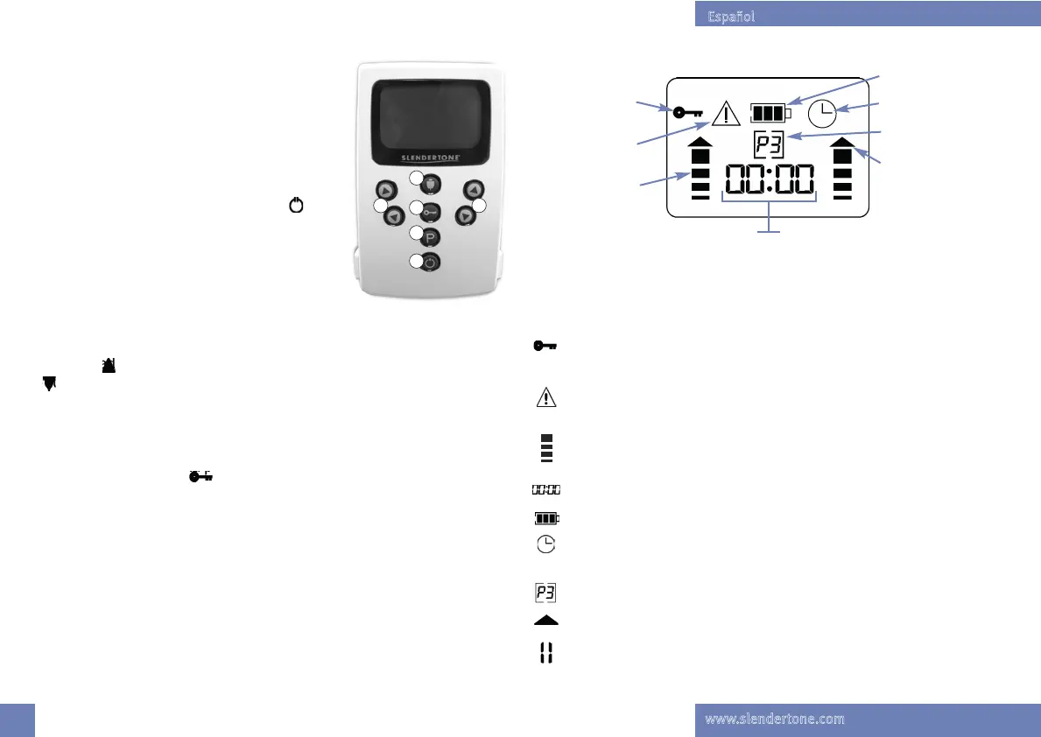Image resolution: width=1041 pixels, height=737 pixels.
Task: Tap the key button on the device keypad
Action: (432, 211)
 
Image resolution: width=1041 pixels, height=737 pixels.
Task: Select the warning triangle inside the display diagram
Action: (727, 114)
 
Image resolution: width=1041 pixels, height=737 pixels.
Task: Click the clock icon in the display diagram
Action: (822, 113)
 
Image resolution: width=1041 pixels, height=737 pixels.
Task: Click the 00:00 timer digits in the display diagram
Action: (769, 182)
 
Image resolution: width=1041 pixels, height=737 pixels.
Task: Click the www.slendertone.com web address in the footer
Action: (775, 719)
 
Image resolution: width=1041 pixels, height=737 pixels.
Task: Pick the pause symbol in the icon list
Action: (545, 653)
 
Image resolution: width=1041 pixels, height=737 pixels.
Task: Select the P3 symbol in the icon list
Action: (545, 593)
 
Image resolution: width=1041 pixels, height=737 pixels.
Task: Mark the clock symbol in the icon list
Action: (545, 544)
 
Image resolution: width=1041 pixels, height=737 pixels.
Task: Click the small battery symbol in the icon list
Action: (545, 518)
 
